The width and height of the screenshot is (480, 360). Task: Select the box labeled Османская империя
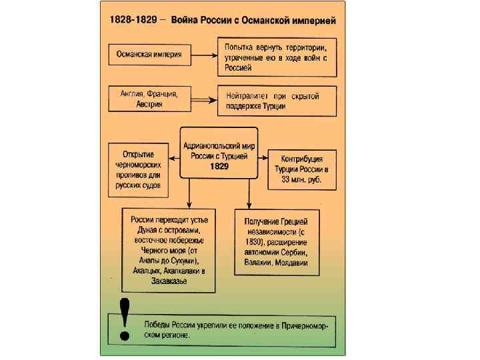click(x=145, y=53)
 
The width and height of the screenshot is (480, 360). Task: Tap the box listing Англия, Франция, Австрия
click(x=145, y=98)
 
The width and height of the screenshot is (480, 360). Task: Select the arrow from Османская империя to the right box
click(x=201, y=53)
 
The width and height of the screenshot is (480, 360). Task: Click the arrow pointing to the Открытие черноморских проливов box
click(x=173, y=158)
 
